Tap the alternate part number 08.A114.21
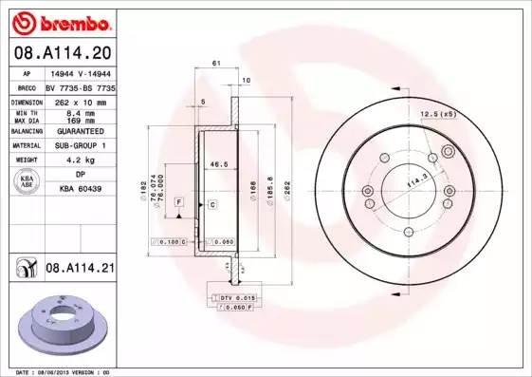(x=80, y=270)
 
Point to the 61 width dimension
(x=216, y=64)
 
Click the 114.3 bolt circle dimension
(x=413, y=178)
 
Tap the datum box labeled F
(x=178, y=203)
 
